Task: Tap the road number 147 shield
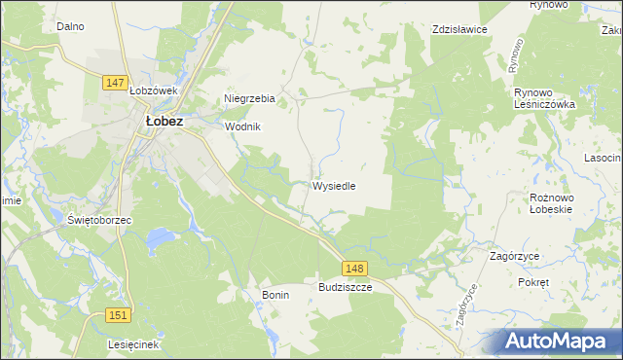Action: coord(115,83)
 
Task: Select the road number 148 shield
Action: coord(355,268)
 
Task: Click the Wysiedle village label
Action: coord(339,185)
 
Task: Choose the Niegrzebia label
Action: coord(250,98)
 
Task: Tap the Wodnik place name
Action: coord(243,126)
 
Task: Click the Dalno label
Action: coord(70,27)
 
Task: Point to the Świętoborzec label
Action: coord(99,220)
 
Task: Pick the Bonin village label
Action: coord(275,294)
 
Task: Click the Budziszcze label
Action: coord(346,288)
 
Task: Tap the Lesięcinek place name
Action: coord(134,344)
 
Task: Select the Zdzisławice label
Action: coord(459,29)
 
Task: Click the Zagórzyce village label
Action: coord(516,256)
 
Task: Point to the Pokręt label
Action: coord(534,281)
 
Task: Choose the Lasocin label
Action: coord(603,157)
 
